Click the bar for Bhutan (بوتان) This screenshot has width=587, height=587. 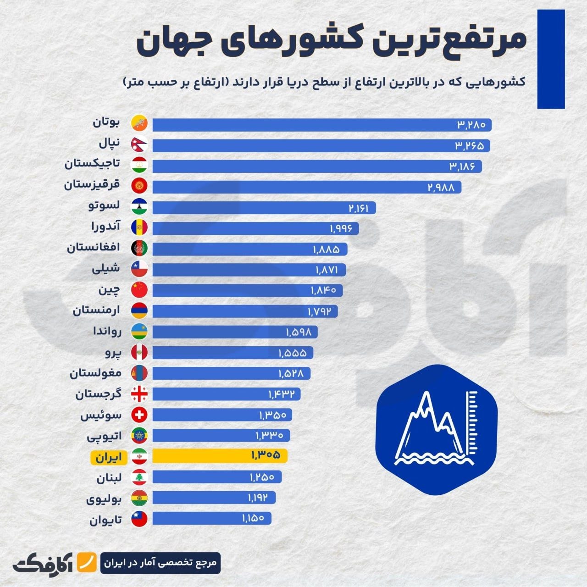(321, 125)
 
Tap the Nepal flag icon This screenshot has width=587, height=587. (139, 145)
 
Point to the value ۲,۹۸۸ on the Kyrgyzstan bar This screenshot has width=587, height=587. (441, 187)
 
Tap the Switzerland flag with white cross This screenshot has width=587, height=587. (139, 415)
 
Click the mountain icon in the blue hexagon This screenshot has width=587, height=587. (436, 430)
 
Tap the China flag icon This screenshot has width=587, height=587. (139, 290)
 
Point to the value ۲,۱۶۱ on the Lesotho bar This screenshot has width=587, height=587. (359, 208)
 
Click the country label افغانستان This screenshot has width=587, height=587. (94, 248)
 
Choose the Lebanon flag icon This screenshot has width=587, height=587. (139, 477)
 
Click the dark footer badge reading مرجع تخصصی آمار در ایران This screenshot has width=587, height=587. (160, 563)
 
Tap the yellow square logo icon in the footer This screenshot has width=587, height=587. (86, 562)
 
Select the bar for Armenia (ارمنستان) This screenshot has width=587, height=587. (244, 311)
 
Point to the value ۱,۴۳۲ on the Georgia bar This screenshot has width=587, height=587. (284, 394)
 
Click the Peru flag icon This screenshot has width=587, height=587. (139, 352)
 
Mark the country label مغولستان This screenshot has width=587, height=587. (95, 373)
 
